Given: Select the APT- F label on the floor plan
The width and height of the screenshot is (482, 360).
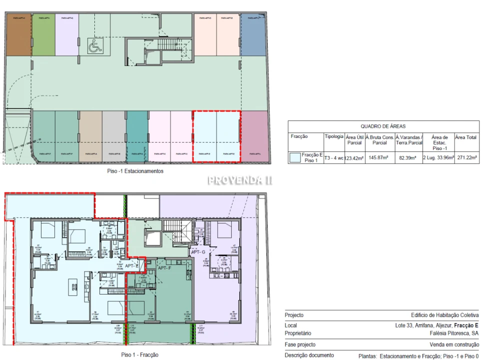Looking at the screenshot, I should point(165,268).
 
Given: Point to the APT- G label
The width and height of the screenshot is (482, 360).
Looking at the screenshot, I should point(198,252).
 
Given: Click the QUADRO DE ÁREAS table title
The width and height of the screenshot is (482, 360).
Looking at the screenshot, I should point(384,126).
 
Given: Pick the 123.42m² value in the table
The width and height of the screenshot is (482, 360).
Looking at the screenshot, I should point(354,158).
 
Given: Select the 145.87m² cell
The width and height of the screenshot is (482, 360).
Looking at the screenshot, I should point(379,158).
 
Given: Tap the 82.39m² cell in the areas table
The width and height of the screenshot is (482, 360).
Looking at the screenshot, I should point(409,158).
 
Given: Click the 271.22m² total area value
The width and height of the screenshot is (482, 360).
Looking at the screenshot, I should point(467,158).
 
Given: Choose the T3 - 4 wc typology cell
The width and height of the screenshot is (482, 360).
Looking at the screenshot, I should point(334,158).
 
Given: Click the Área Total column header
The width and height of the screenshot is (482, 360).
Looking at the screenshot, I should point(467,136).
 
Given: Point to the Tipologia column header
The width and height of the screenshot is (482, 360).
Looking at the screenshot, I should point(334,136).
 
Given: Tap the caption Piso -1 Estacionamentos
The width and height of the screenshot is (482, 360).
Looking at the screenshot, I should point(135,171).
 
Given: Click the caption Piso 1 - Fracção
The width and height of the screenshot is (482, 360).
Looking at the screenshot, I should point(136,354).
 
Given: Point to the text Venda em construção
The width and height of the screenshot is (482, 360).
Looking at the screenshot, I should point(454,344).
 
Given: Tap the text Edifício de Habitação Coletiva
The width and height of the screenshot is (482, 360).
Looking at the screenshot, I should point(445,315).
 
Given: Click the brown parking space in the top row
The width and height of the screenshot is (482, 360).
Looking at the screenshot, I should point(18,35).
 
